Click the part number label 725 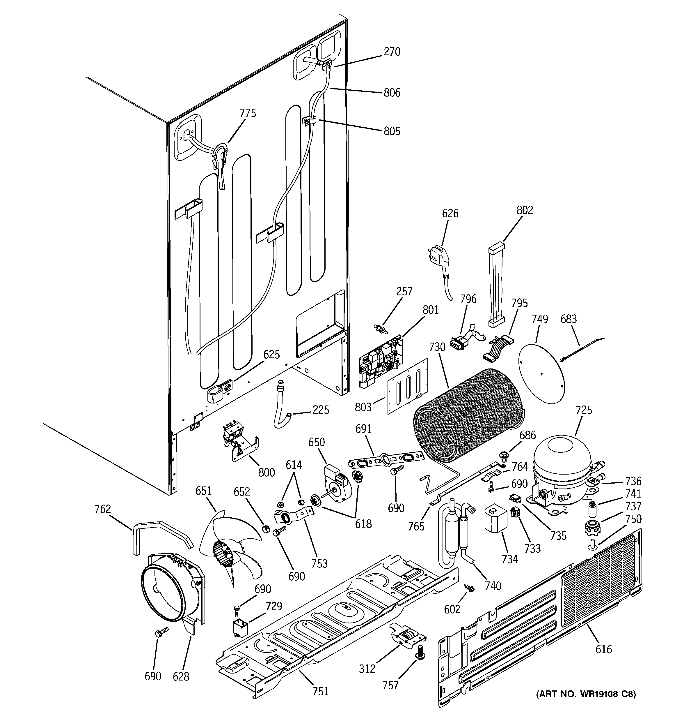tap(583, 410)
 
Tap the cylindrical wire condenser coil tap(467, 417)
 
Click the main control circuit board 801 tap(381, 359)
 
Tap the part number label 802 tap(525, 210)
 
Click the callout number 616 tap(604, 649)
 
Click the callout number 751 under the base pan tap(321, 691)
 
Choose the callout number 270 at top tap(392, 52)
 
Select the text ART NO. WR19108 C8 tap(586, 694)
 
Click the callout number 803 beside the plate tap(363, 407)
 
